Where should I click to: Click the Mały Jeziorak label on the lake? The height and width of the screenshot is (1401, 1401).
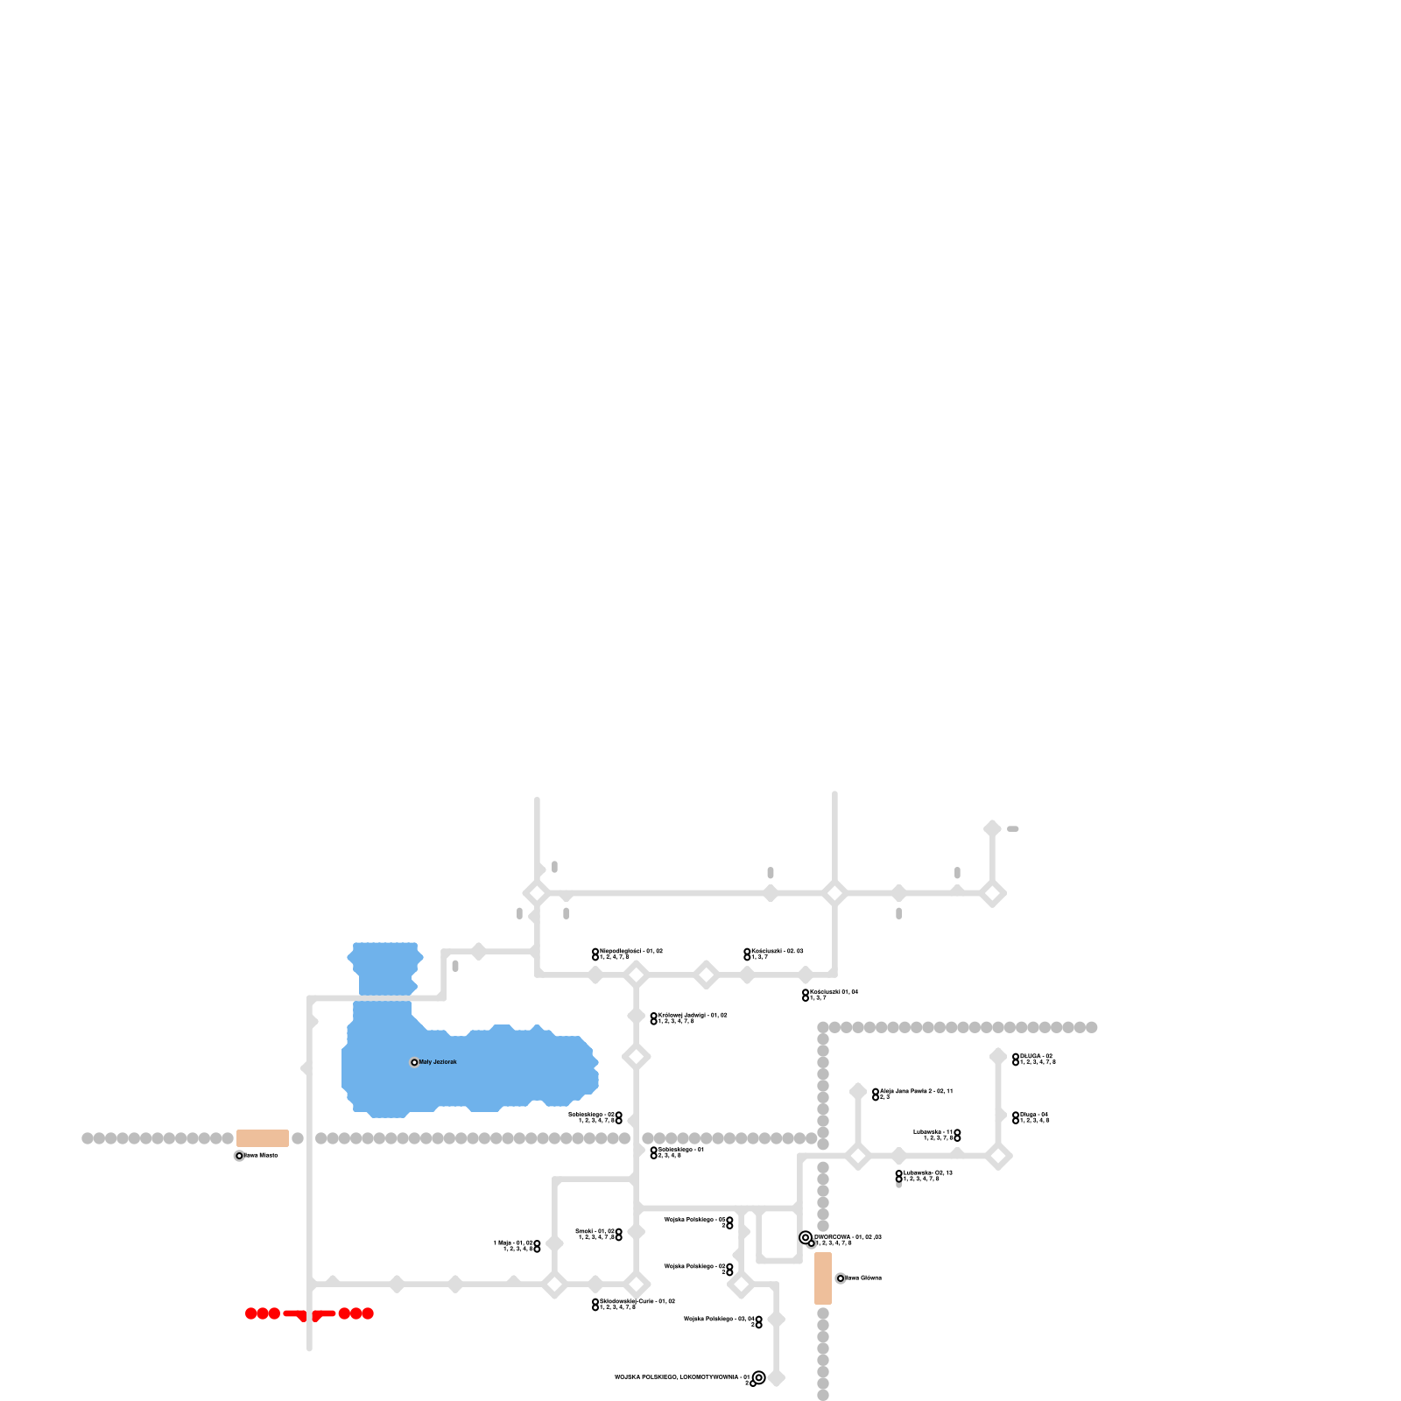click(437, 1062)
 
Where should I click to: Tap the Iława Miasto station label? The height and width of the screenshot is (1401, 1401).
click(261, 1156)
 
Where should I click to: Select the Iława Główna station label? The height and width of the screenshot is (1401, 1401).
click(863, 1278)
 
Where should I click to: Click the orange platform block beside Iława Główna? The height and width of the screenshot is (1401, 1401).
click(823, 1278)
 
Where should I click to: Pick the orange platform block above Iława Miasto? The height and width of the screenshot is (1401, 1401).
click(263, 1138)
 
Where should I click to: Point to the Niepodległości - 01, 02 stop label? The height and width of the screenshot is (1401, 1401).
click(631, 951)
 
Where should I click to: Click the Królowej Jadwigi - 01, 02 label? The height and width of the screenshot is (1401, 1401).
click(693, 1016)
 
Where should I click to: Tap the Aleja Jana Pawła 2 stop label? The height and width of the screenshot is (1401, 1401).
click(916, 1092)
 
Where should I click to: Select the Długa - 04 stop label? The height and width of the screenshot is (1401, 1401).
click(1034, 1116)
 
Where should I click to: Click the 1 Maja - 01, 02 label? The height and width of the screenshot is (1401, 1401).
click(514, 1243)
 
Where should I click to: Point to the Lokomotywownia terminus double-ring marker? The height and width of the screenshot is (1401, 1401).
click(759, 1377)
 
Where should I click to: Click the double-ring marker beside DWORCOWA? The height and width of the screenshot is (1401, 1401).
click(806, 1237)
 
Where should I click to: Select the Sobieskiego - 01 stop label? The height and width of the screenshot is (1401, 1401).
click(681, 1150)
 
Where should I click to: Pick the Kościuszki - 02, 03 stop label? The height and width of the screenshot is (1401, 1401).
click(777, 951)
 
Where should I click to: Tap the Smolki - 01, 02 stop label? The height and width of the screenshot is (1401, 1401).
click(595, 1232)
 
